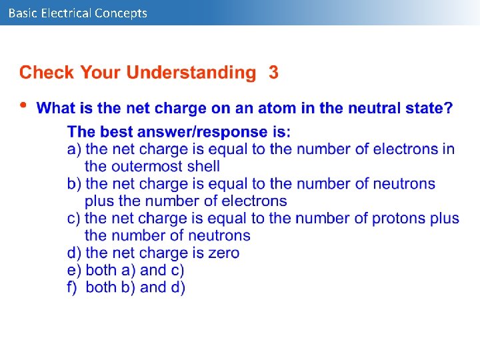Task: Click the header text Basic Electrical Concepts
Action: pos(77,13)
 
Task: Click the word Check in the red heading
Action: pos(47,73)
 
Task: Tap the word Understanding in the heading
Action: pos(191,73)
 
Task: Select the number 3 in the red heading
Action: pos(273,73)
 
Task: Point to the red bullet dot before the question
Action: pos(25,105)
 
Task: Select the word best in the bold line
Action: pos(117,132)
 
